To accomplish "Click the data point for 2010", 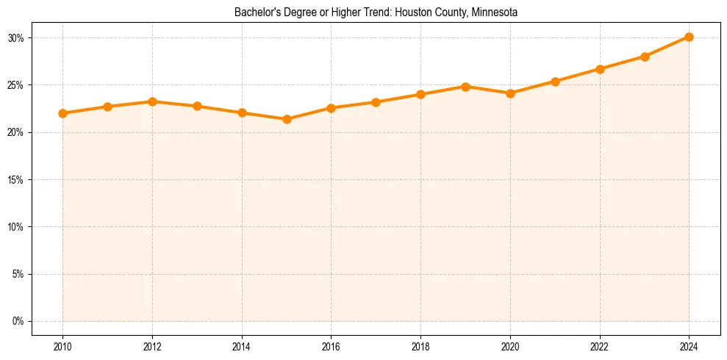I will pos(62,113).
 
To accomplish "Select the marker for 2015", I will pos(287,119).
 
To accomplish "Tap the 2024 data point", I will pos(689,37).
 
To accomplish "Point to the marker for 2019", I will pos(465,87).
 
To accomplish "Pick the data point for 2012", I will pos(152,101).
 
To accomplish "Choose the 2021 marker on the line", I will pos(555,82).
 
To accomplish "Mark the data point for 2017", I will pos(376,102).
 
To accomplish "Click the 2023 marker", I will pos(645,57).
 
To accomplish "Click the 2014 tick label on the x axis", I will pos(242,346).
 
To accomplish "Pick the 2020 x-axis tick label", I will pos(510,346).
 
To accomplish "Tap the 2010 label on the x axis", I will pos(62,346).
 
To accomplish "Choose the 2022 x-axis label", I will pos(600,346).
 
